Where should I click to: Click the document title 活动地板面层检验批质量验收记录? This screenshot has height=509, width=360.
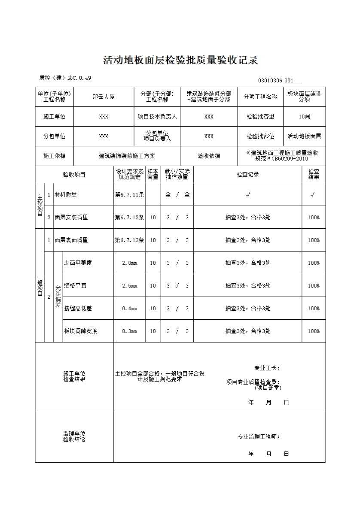180,61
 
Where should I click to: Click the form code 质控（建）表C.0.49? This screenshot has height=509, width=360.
65,78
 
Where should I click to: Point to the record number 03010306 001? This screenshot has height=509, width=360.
276,81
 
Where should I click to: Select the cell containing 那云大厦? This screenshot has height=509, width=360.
104,97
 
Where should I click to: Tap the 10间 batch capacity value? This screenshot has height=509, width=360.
304,117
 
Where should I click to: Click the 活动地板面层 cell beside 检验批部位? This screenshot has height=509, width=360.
304,136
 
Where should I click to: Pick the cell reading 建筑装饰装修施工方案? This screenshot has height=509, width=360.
127,156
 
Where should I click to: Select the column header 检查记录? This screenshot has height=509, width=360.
247,175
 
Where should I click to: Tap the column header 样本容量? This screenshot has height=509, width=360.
153,174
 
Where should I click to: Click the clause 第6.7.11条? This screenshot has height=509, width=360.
129,195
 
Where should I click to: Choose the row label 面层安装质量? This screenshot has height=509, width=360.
71,218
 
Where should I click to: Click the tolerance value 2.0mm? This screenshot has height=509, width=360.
129,263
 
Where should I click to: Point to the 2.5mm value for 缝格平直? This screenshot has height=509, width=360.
129,286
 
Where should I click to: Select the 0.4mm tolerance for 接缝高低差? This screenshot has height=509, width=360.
129,309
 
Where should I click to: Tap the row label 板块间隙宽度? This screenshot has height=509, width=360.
81,331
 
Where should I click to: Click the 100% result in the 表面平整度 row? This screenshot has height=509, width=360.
314,263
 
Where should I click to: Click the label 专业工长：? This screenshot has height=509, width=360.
267,368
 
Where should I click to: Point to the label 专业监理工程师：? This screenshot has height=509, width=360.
259,437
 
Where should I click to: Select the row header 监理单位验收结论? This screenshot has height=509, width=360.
74,437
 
